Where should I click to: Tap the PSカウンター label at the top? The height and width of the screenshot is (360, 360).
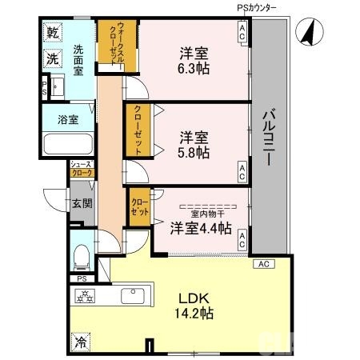tap(257, 7)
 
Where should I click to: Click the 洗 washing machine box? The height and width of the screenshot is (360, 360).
tap(53, 58)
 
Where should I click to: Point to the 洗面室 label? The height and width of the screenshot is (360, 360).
tap(78, 59)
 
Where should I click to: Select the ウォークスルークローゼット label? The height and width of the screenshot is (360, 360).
tap(110, 48)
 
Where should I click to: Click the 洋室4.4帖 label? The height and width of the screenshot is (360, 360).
tap(201, 229)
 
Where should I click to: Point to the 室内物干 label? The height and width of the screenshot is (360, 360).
tap(207, 214)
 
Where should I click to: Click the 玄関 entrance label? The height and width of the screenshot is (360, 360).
tap(81, 203)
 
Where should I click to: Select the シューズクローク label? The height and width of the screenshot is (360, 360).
tap(82, 167)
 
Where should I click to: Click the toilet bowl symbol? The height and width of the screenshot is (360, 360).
tap(80, 256)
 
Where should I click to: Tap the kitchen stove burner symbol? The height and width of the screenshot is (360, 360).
tap(86, 297)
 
